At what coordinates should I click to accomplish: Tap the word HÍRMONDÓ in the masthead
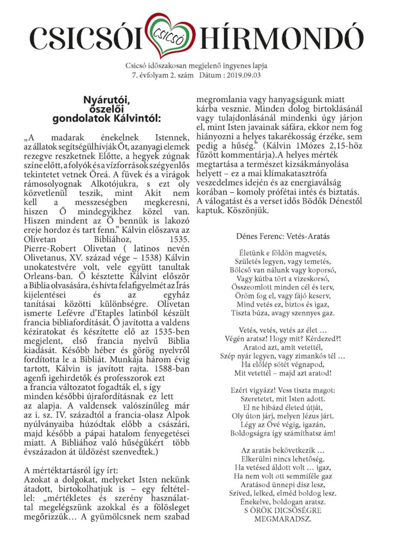(280, 38)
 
